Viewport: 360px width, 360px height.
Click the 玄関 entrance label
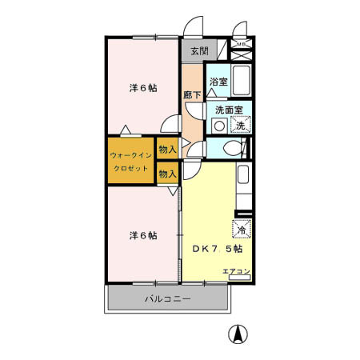[x=199, y=52]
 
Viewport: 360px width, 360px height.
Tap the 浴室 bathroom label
[x=218, y=82]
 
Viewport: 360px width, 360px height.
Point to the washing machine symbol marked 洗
[x=240, y=125]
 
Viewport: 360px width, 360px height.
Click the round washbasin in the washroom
[x=218, y=126]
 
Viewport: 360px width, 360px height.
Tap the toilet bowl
[x=231, y=147]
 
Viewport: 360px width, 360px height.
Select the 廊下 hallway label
[x=192, y=94]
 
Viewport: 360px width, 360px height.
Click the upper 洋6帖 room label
[x=142, y=88]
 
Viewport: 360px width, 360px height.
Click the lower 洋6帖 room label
[x=142, y=235]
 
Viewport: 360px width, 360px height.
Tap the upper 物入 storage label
[x=167, y=149]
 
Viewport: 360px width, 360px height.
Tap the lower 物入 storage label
[x=167, y=173]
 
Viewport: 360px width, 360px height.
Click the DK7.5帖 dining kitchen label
[x=217, y=248]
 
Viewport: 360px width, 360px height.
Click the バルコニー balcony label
[x=167, y=299]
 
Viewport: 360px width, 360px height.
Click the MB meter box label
[x=239, y=44]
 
